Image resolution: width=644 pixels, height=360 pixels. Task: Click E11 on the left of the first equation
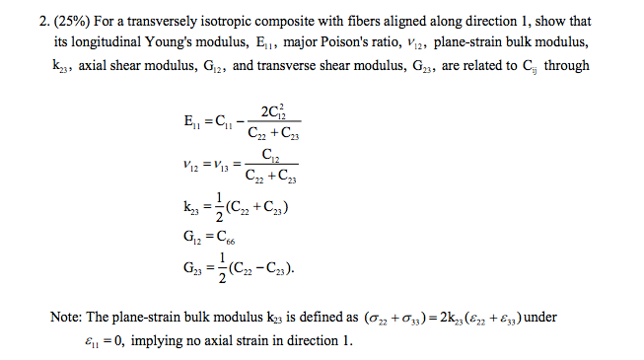(x=181, y=125)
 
